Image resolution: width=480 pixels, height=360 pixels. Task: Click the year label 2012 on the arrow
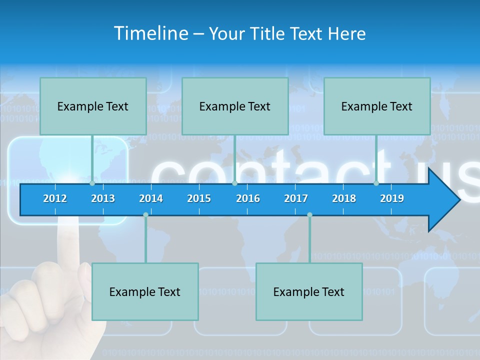click(55, 198)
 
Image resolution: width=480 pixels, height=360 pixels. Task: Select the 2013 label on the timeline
click(103, 198)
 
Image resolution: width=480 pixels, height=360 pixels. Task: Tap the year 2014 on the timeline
click(151, 198)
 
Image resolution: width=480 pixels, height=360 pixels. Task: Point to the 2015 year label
click(199, 198)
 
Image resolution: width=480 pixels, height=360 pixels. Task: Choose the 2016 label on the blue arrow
click(248, 198)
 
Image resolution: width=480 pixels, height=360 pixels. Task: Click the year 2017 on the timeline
click(296, 198)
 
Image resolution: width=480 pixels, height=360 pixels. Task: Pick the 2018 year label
click(344, 198)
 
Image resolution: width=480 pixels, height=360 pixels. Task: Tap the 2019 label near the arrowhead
click(392, 198)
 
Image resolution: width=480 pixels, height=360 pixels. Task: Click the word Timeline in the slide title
click(151, 33)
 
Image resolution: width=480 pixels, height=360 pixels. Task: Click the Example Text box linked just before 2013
click(93, 106)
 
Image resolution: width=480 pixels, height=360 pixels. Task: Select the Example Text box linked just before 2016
click(235, 106)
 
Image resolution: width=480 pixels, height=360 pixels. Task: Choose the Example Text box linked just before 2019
click(377, 106)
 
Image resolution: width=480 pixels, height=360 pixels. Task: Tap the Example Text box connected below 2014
click(145, 291)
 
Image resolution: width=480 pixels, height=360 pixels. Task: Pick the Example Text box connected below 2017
click(309, 291)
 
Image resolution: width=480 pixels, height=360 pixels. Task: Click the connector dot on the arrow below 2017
click(309, 215)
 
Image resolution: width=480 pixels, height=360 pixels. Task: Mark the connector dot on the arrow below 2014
click(145, 215)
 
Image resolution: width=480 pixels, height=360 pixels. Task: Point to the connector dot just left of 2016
click(234, 183)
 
